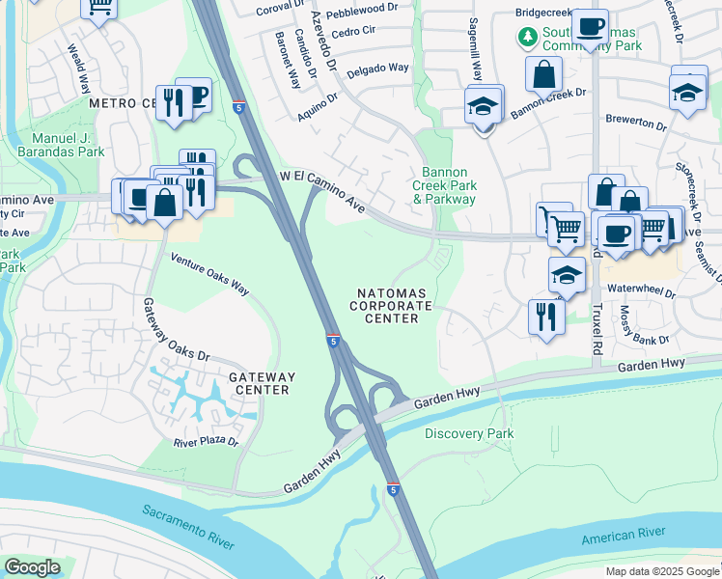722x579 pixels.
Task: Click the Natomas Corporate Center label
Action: click(x=391, y=305)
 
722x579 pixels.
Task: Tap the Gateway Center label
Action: click(x=262, y=383)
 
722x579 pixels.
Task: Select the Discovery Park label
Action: click(x=469, y=433)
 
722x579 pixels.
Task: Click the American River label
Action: click(x=623, y=534)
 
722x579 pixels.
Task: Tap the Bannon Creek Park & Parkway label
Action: click(x=444, y=184)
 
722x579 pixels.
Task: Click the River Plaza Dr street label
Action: click(x=206, y=442)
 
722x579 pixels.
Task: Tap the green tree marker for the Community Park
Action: click(x=527, y=38)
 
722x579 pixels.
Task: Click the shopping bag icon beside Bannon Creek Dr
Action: click(x=544, y=74)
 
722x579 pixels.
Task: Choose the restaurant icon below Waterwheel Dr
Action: click(x=546, y=316)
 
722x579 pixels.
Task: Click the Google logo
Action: click(x=32, y=567)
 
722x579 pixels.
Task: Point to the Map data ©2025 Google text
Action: click(x=661, y=570)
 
